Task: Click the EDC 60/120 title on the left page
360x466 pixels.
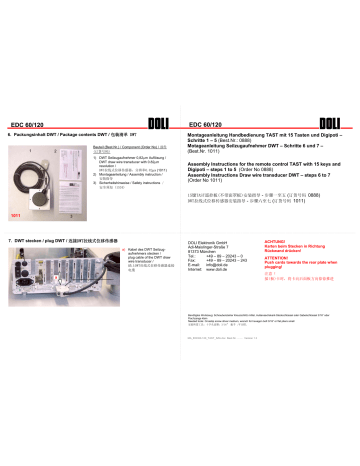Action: click(x=28, y=124)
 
